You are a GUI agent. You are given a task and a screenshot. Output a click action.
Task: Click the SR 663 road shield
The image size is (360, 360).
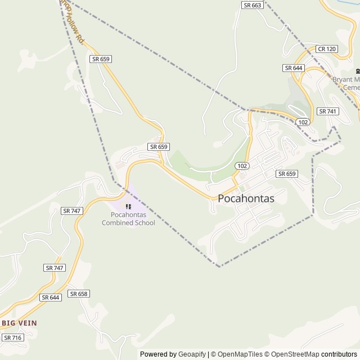(253, 5)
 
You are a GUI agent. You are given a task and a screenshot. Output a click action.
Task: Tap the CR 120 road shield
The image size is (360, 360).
(326, 49)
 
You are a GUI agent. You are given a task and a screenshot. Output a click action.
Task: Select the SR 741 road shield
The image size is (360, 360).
(328, 111)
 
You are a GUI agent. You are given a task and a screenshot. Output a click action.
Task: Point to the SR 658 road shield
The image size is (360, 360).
(79, 294)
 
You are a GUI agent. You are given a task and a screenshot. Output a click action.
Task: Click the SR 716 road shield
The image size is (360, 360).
(12, 337)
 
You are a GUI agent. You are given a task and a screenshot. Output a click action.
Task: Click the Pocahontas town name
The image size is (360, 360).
(246, 199)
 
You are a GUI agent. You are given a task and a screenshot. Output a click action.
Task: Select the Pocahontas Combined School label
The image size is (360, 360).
(128, 219)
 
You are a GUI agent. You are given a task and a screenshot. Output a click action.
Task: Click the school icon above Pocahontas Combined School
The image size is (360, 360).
(128, 207)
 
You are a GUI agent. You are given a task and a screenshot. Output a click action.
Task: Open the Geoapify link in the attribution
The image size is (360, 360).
(192, 354)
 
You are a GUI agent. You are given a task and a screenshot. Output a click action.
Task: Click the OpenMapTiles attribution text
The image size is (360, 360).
(237, 354)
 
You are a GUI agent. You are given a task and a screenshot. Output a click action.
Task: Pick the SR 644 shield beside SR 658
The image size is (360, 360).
(51, 297)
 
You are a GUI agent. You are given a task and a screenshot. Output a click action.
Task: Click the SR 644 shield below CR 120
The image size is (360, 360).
(294, 68)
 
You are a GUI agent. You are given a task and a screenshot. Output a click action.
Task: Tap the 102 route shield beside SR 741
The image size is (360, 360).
(303, 122)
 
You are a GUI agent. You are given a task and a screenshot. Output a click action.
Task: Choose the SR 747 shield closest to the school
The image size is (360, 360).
(72, 210)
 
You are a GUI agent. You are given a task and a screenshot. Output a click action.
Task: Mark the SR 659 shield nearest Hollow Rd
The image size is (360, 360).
(101, 58)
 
